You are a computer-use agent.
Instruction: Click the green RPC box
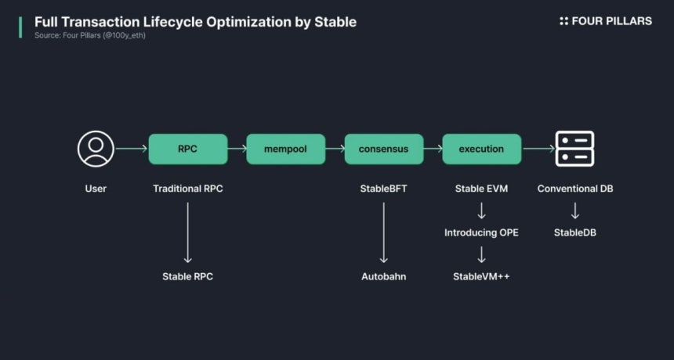coord(188,149)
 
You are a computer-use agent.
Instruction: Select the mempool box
coord(286,149)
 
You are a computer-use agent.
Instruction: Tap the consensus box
coord(384,149)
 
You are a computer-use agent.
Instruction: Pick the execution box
coord(481,149)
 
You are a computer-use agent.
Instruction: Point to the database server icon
coord(574,149)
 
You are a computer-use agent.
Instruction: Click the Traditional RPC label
coord(188,189)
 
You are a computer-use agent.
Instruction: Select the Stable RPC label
coord(188,277)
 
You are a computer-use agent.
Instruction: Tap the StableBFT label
coord(383,189)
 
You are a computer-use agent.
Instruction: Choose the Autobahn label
coord(383,277)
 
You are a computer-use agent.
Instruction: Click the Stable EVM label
coord(481,189)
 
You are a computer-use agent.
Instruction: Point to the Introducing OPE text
coord(481,232)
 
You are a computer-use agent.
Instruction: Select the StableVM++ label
coord(481,277)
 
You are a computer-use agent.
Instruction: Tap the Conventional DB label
coord(575,189)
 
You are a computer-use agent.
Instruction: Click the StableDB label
coord(575,232)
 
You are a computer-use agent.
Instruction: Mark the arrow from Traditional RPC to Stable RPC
coord(188,232)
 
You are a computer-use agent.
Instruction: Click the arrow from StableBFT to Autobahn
coord(384,232)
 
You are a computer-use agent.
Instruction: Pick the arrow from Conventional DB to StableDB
coord(575,211)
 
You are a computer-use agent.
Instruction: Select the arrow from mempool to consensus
coord(335,149)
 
